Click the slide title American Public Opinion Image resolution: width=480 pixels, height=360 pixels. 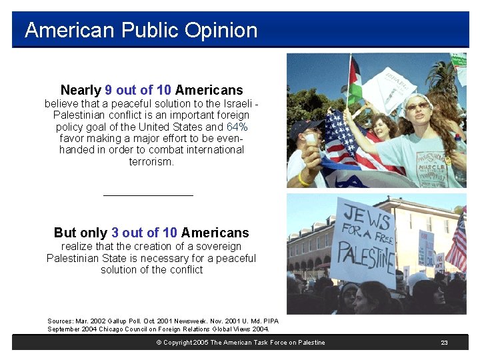(x=141, y=30)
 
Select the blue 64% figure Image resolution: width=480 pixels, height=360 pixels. (x=237, y=127)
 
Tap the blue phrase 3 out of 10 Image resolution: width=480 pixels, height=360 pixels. (x=144, y=233)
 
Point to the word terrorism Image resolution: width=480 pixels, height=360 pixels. (x=151, y=162)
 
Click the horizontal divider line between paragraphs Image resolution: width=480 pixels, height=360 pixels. (x=148, y=195)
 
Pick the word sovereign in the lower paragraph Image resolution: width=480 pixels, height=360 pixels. (x=218, y=246)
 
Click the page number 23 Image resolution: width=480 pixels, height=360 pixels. (x=444, y=343)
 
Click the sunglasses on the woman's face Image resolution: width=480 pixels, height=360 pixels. (x=417, y=106)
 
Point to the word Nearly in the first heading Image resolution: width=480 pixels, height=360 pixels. (x=81, y=90)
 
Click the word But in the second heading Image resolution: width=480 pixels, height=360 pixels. (x=65, y=233)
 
